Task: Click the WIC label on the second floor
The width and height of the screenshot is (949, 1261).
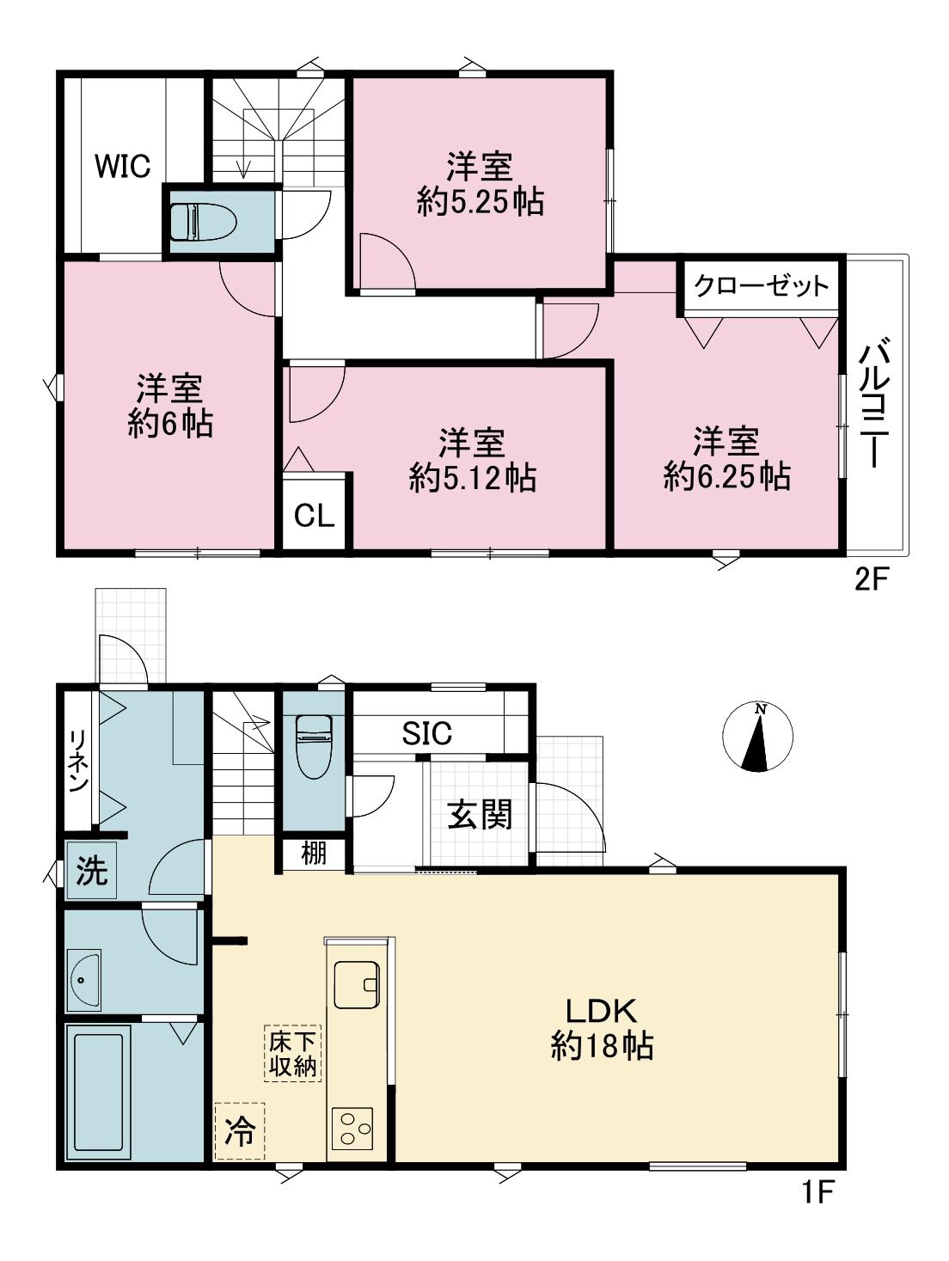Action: [122, 166]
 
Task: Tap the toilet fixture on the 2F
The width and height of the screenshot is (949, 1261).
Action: [203, 222]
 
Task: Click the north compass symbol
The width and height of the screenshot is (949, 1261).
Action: [757, 737]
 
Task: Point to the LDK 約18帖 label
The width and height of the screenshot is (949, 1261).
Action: [601, 1028]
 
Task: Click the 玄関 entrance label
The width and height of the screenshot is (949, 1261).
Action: [480, 813]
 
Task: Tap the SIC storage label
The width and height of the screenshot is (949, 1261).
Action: [427, 733]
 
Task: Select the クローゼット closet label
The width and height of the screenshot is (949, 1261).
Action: [761, 286]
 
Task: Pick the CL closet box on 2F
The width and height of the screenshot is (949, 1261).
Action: [315, 516]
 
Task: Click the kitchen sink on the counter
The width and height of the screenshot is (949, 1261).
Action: [356, 983]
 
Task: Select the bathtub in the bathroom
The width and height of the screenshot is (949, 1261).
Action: [98, 1092]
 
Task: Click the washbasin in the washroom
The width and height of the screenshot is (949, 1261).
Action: [84, 980]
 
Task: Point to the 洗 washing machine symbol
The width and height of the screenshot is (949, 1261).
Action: [91, 872]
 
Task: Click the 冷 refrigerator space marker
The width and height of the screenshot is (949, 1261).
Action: [239, 1131]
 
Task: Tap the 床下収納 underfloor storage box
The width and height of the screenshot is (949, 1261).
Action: [292, 1053]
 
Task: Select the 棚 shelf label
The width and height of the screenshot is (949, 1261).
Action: [314, 854]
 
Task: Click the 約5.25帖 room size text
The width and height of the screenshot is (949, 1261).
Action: [480, 202]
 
